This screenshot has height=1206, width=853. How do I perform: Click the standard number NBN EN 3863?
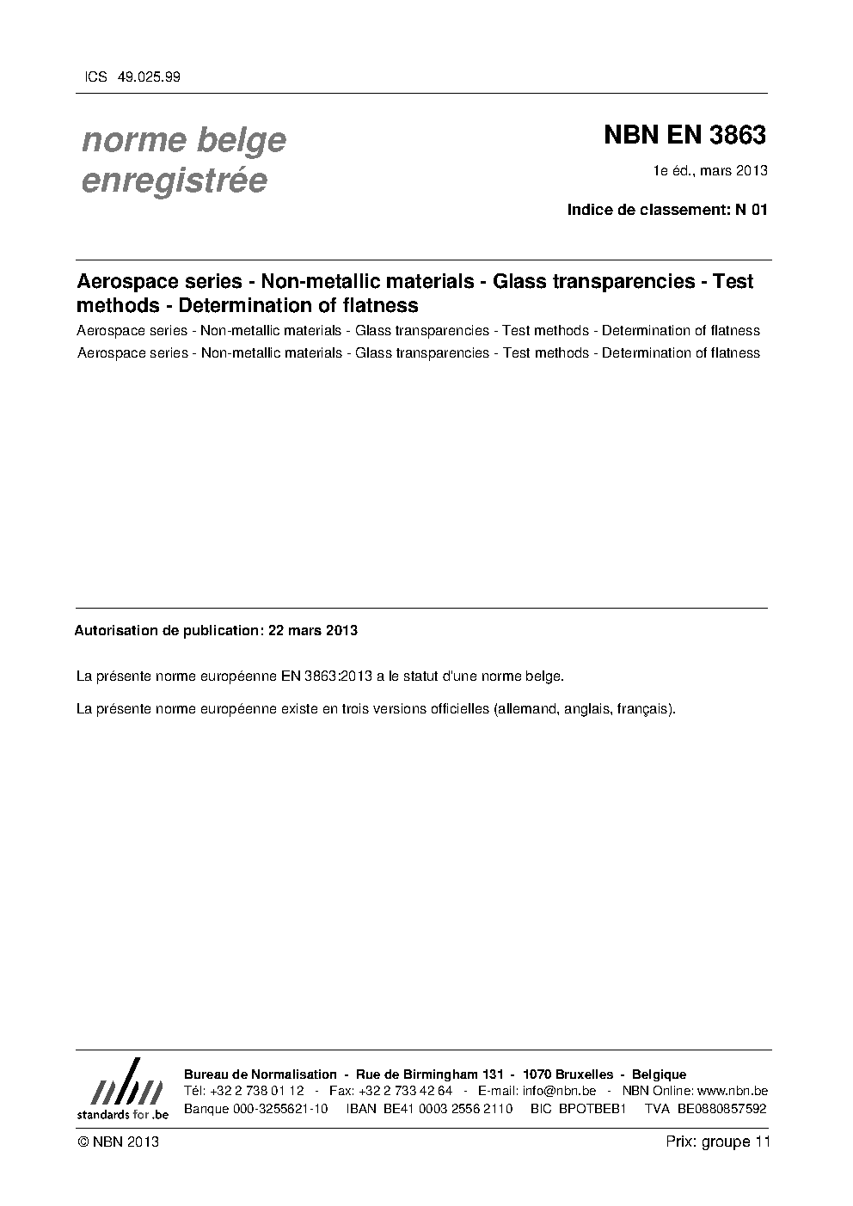(684, 135)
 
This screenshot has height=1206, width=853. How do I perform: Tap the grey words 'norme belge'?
(183, 139)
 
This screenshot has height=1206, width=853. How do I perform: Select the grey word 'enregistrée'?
(174, 181)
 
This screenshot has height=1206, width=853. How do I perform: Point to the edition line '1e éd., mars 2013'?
(710, 170)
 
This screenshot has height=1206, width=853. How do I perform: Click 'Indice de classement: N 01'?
(666, 209)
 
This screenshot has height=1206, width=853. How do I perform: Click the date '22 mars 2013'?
(313, 630)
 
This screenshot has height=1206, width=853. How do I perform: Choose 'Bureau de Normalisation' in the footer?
(261, 1074)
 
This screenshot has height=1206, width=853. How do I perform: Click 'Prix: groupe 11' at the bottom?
(717, 1142)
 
